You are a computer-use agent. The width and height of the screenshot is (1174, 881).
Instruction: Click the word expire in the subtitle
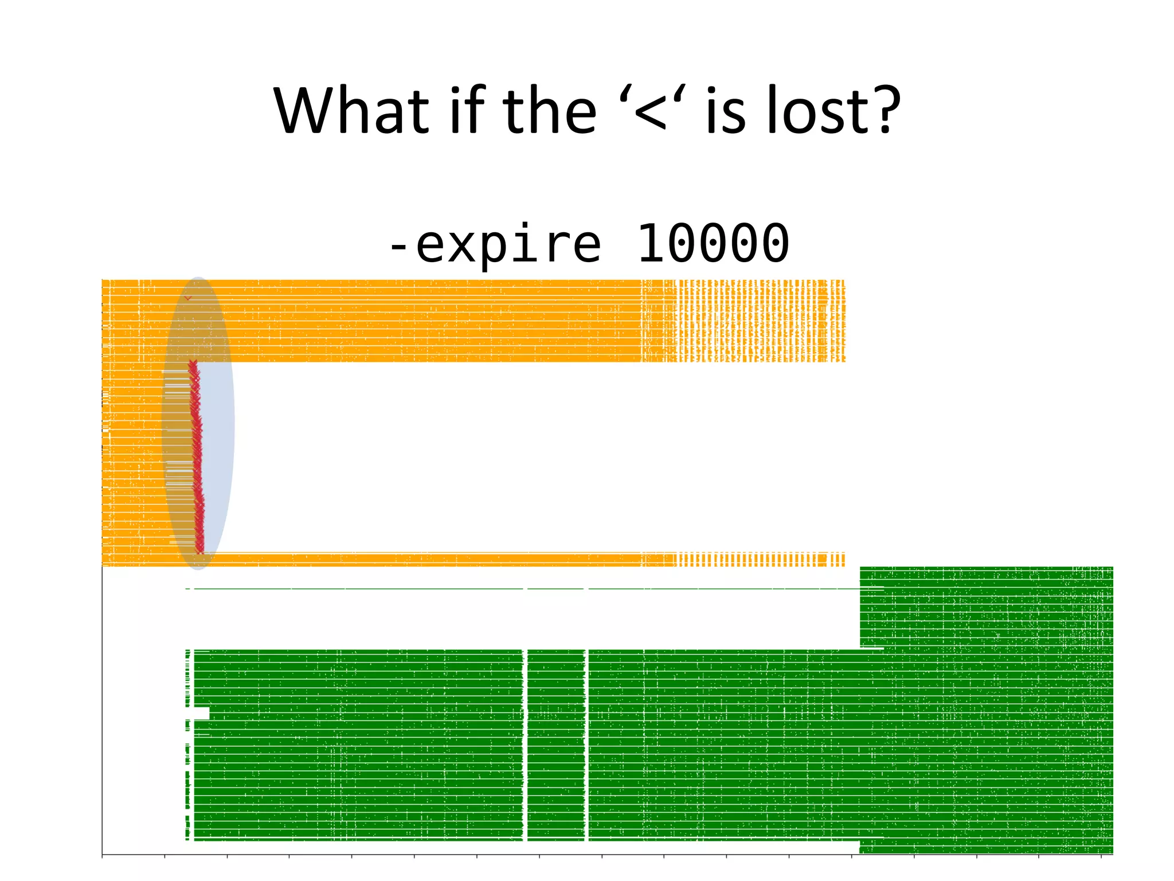[508, 244]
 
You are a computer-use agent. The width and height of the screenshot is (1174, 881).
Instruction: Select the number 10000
[713, 244]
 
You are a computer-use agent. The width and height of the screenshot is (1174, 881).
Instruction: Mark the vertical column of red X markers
[196, 453]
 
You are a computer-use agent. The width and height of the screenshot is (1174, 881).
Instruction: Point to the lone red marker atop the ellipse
[187, 298]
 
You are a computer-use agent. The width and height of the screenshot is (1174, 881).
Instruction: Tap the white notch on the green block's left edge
[201, 713]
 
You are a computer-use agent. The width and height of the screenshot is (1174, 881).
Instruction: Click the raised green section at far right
[986, 608]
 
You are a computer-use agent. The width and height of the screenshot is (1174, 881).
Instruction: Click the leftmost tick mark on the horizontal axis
[102, 856]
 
